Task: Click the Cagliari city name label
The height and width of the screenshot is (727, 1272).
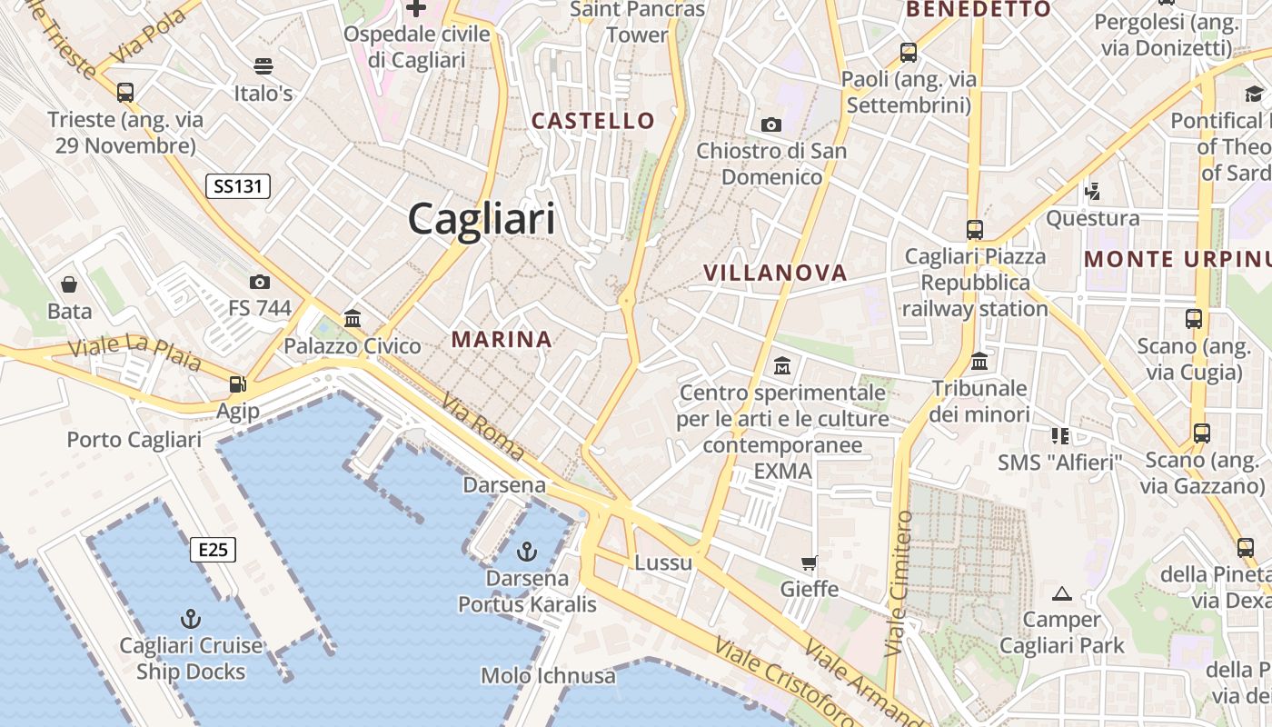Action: click(x=481, y=219)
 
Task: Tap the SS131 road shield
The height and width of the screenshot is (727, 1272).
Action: click(x=238, y=186)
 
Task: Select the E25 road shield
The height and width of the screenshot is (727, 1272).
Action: click(x=214, y=549)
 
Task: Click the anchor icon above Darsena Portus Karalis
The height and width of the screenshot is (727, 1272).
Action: click(x=526, y=551)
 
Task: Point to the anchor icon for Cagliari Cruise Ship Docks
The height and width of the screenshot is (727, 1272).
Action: click(x=191, y=619)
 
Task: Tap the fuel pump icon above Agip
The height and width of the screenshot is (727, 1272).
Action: click(x=237, y=384)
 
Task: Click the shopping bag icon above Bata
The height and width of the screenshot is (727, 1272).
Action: click(x=69, y=284)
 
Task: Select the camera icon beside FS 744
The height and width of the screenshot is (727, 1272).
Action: click(x=260, y=282)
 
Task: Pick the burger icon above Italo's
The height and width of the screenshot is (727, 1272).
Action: click(x=263, y=65)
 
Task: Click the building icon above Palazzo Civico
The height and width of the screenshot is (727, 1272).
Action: click(x=353, y=318)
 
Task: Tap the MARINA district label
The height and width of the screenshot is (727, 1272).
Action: click(x=502, y=340)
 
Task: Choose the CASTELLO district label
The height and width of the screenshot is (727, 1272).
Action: click(x=592, y=121)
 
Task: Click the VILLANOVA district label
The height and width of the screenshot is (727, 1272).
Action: click(x=775, y=273)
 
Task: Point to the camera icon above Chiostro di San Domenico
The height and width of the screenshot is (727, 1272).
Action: click(x=771, y=124)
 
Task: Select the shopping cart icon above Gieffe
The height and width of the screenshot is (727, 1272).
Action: click(x=810, y=563)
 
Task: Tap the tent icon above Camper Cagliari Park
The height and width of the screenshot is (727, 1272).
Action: click(x=1061, y=594)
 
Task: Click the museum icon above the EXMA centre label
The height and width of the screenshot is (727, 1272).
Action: click(x=781, y=366)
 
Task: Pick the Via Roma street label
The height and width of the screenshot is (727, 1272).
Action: click(x=482, y=425)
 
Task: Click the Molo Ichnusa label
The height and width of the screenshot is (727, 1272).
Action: click(x=548, y=675)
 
